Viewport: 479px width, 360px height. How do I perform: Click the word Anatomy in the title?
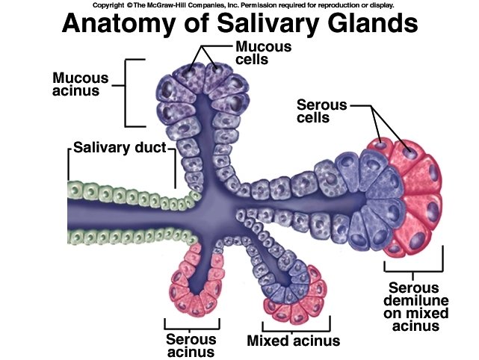(x=120, y=25)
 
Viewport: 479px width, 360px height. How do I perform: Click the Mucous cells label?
(x=253, y=53)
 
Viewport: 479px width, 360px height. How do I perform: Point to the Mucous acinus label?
(x=81, y=85)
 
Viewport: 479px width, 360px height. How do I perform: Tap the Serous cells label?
(x=322, y=111)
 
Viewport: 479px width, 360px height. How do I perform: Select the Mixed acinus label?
(x=293, y=341)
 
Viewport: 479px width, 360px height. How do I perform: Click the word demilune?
(x=414, y=301)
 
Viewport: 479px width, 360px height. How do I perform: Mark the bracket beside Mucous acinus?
(x=132, y=92)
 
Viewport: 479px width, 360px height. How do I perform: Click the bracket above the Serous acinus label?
(x=192, y=323)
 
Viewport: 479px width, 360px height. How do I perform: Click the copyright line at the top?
(x=239, y=4)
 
